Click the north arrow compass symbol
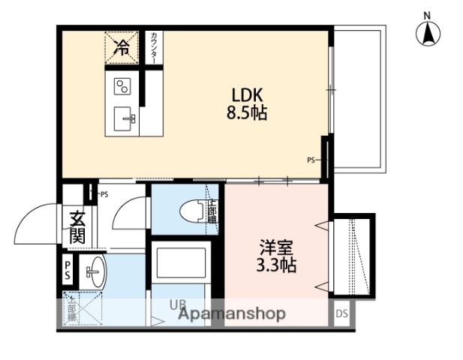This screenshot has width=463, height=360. [x=428, y=31]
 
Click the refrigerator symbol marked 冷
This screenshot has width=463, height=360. [x=122, y=48]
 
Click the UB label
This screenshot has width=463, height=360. [x=177, y=305]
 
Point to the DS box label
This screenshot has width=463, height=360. [x=341, y=313]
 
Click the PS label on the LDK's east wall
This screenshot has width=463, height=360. [x=311, y=160]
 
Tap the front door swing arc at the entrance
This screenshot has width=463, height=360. [x=36, y=224]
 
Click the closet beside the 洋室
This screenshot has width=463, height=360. [x=353, y=256]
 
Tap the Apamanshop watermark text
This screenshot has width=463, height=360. [x=231, y=313]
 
